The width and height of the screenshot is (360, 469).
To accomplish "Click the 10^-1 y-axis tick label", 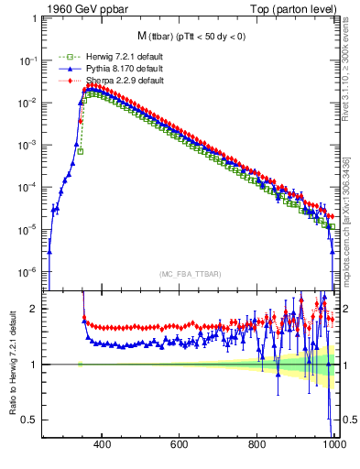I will tap(30, 60).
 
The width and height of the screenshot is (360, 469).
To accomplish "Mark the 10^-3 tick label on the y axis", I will tap(30, 145).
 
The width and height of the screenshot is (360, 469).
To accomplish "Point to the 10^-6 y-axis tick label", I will tap(30, 272).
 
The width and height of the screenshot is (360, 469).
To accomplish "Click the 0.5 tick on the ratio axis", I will tap(33, 420).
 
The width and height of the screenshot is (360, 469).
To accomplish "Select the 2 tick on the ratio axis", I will tap(38, 309).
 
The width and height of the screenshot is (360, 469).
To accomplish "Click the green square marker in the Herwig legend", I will tap(65, 57).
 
